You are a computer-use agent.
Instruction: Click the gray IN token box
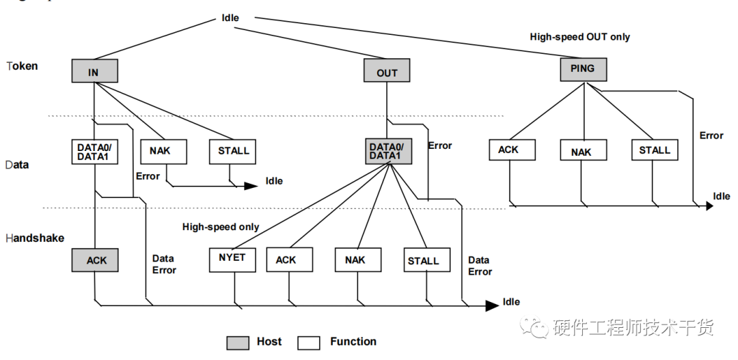click(94, 71)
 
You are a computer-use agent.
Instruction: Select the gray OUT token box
click(387, 70)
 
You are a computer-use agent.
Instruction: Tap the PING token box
click(584, 70)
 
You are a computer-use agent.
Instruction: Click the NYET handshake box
click(232, 260)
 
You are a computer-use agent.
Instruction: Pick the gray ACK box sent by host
click(95, 260)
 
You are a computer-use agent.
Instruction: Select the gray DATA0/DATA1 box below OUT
click(389, 152)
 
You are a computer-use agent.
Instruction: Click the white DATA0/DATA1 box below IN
click(94, 152)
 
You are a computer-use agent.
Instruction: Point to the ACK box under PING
click(512, 150)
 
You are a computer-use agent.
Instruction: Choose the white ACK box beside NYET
click(290, 260)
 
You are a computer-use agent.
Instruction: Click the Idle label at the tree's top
click(230, 18)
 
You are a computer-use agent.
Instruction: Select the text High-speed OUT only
click(580, 37)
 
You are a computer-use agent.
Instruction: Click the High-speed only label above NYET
click(221, 227)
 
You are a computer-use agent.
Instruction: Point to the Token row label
click(22, 66)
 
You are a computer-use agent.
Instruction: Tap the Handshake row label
click(35, 238)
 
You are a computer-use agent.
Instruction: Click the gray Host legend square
click(238, 343)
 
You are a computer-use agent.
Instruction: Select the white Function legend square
click(309, 343)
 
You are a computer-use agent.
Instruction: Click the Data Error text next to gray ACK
click(164, 264)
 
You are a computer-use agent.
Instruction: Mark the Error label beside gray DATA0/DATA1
click(440, 146)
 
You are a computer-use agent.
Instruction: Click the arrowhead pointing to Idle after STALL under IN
click(251, 186)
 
